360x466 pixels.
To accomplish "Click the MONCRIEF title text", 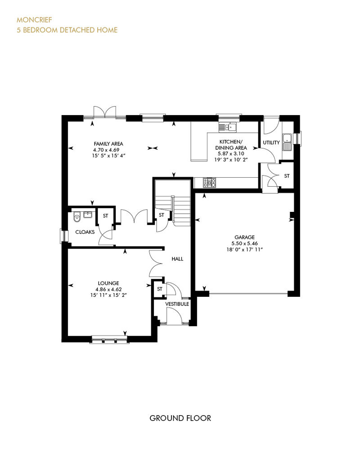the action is tap(34, 20).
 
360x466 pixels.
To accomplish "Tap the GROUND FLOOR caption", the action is tap(180, 418).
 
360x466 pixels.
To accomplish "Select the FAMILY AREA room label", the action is tap(108, 144).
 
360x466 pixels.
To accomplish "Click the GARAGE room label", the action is tap(245, 237).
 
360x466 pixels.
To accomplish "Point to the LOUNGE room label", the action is tap(108, 283).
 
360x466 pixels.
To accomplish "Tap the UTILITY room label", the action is tap(271, 143).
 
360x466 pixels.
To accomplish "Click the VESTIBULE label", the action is tap(177, 304).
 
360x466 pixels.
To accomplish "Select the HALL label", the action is tap(177, 259).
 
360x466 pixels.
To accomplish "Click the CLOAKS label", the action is tap(85, 232).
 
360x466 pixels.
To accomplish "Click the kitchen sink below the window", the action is tap(228, 127).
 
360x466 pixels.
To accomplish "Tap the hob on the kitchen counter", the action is tap(210, 183).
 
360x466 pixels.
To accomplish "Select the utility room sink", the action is tap(287, 142).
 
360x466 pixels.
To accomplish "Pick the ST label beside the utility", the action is tap(287, 176).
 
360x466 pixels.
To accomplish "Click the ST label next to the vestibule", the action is tap(160, 289).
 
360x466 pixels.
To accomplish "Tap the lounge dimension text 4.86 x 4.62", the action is tap(108, 289).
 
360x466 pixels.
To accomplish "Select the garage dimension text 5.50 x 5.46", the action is tap(245, 243).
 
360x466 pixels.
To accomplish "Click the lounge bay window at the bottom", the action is tap(109, 340).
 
